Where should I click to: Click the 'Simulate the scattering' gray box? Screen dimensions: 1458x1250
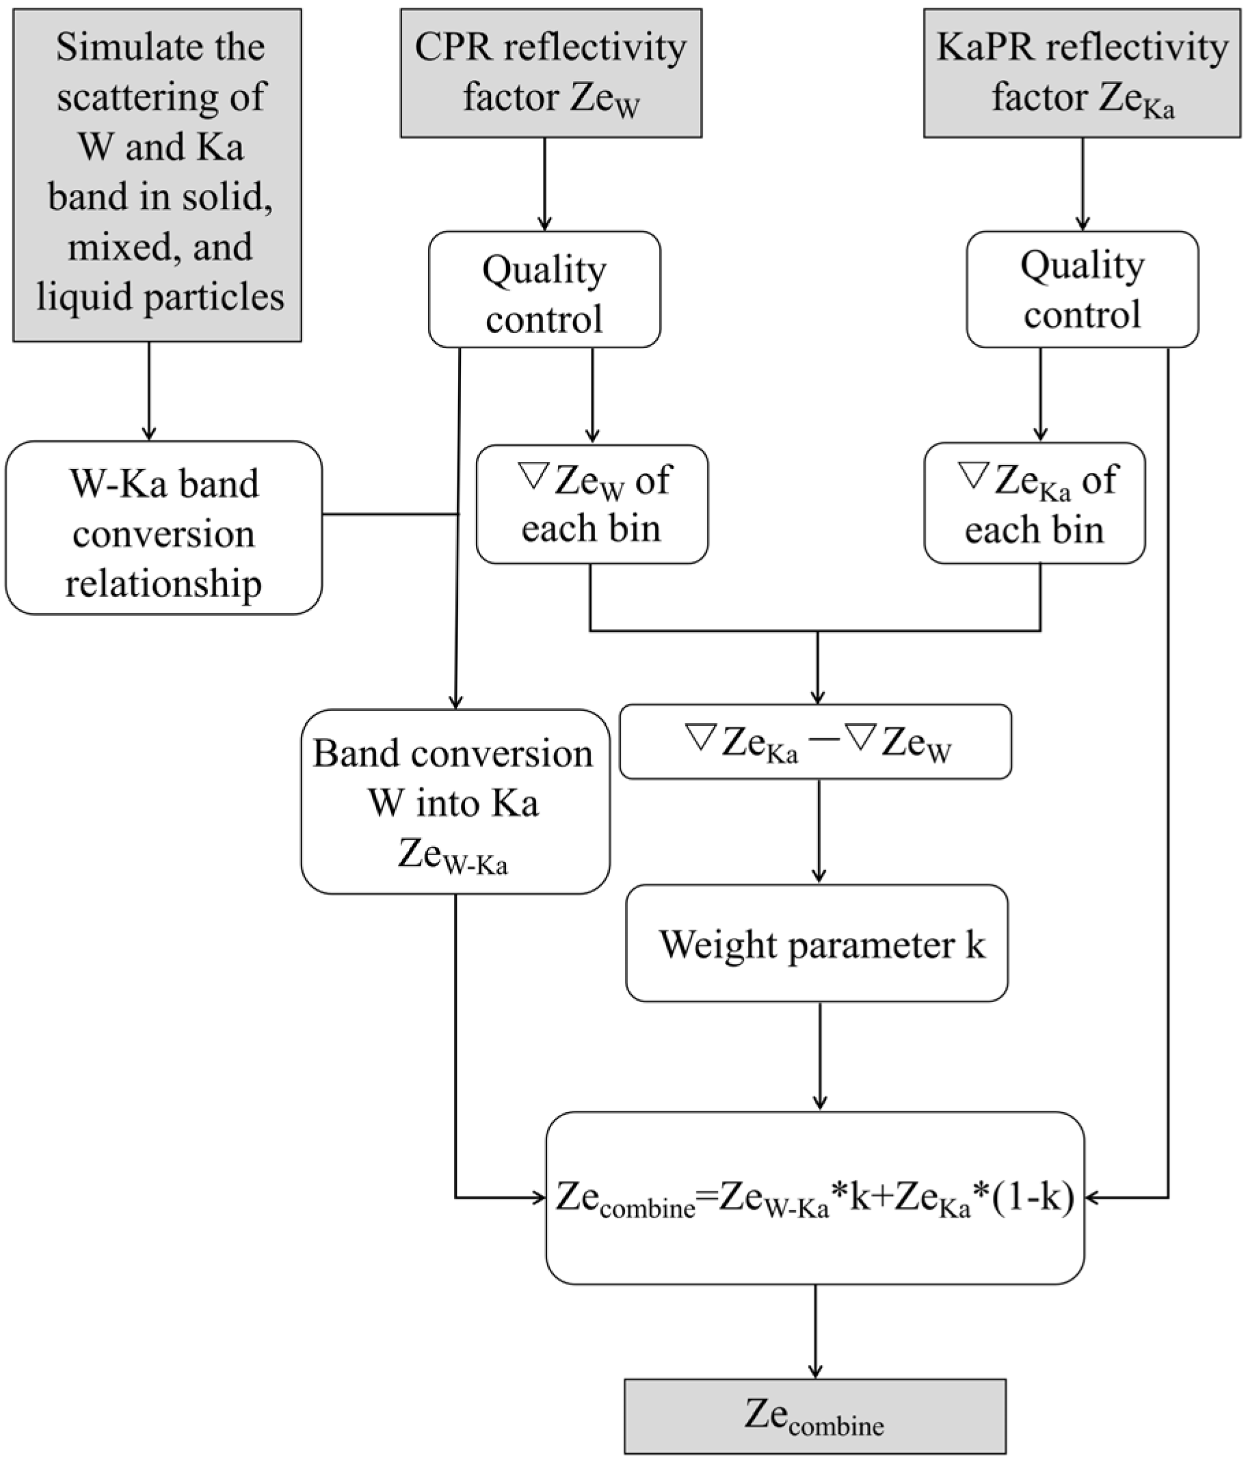pos(157,175)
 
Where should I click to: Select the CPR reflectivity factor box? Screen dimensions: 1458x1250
pos(551,72)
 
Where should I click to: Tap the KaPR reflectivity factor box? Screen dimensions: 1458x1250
pos(1082,72)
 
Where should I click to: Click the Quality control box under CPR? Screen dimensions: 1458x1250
pos(544,289)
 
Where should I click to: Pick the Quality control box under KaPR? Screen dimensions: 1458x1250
pos(1082,289)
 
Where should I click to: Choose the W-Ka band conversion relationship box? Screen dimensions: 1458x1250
pos(163,528)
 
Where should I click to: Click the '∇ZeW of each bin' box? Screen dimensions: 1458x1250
pos(591,504)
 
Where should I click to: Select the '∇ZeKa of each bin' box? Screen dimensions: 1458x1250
pos(1034,504)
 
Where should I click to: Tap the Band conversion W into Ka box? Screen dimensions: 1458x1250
pos(455,802)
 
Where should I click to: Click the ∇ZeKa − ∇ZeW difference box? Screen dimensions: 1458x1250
pos(815,742)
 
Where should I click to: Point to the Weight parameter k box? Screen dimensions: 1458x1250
pos(816,943)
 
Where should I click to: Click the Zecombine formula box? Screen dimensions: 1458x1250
pos(814,1198)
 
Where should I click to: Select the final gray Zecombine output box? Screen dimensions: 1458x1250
pos(814,1416)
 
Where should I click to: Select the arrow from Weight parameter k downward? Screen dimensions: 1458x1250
pos(819,1055)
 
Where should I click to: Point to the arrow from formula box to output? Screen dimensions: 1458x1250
pos(815,1330)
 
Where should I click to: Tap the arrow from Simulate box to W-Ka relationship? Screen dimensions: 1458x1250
pos(148,391)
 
